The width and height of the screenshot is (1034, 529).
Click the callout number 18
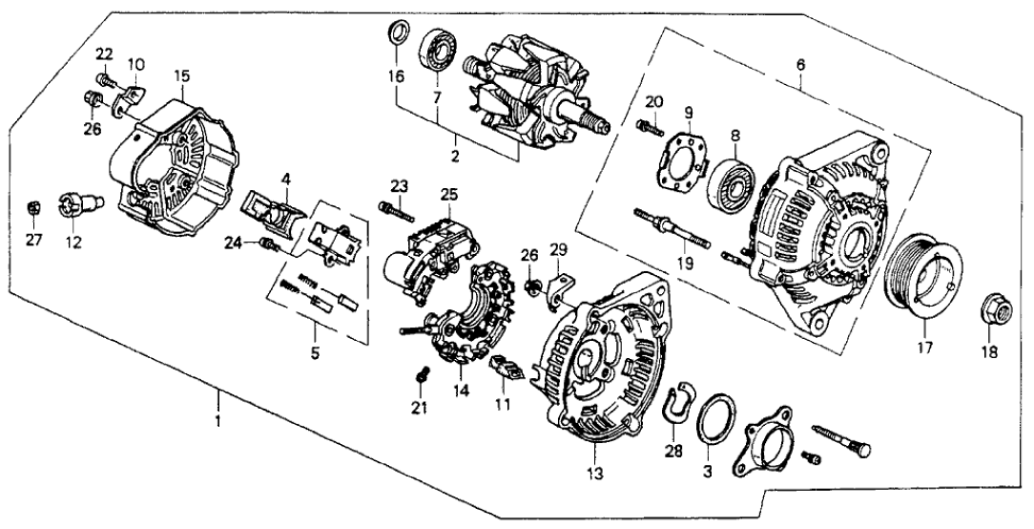(989, 352)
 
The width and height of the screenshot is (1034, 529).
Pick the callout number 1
(218, 420)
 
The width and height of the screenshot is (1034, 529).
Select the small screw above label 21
(422, 378)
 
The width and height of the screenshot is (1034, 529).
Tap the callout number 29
(560, 250)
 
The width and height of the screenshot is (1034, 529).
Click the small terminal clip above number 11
(504, 368)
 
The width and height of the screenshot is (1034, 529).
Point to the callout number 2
(455, 155)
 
